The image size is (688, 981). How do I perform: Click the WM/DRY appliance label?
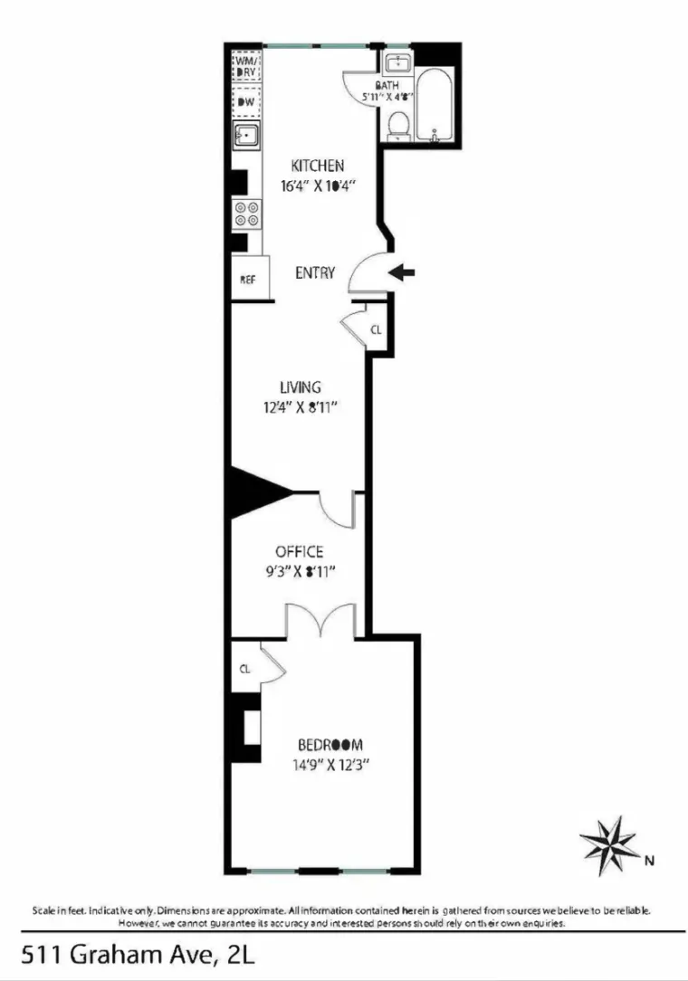[246, 67]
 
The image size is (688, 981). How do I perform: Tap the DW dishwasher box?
[246, 102]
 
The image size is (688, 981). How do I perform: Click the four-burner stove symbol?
[246, 214]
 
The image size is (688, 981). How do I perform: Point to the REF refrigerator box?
[248, 280]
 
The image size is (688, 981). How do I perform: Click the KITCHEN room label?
[317, 166]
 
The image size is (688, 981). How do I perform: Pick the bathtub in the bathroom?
[439, 102]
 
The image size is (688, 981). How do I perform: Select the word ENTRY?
[316, 272]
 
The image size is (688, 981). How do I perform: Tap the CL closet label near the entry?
[377, 329]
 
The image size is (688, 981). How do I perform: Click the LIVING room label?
[300, 387]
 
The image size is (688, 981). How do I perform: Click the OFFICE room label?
[300, 551]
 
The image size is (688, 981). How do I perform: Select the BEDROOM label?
[330, 746]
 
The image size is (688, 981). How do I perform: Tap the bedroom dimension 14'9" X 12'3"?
[330, 765]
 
